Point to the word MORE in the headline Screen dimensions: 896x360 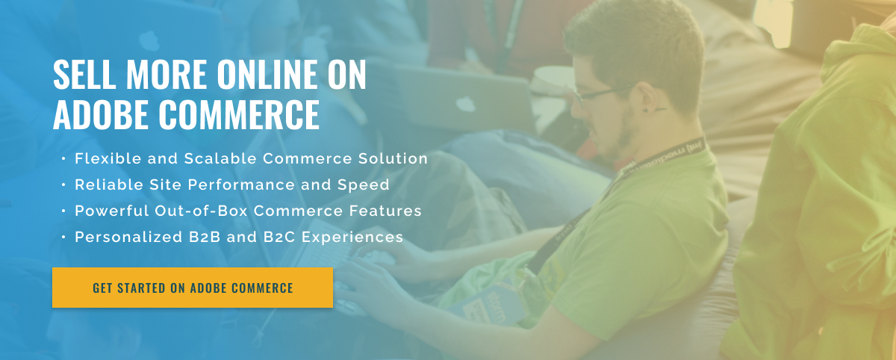(x=167, y=75)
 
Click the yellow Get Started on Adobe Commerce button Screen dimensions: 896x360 (x=193, y=288)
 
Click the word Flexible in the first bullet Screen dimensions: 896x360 (x=108, y=158)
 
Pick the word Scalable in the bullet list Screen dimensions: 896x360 (x=220, y=158)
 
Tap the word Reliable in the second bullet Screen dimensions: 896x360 (x=109, y=184)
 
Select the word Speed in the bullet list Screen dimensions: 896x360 (x=363, y=185)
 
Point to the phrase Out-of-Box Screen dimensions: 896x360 (x=201, y=211)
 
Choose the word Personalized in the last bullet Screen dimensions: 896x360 (x=128, y=238)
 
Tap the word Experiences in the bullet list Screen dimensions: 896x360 (x=352, y=238)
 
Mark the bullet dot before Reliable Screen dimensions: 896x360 (x=63, y=184)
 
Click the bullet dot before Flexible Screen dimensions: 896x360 (x=63, y=159)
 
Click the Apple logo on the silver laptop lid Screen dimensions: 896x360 (x=466, y=104)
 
